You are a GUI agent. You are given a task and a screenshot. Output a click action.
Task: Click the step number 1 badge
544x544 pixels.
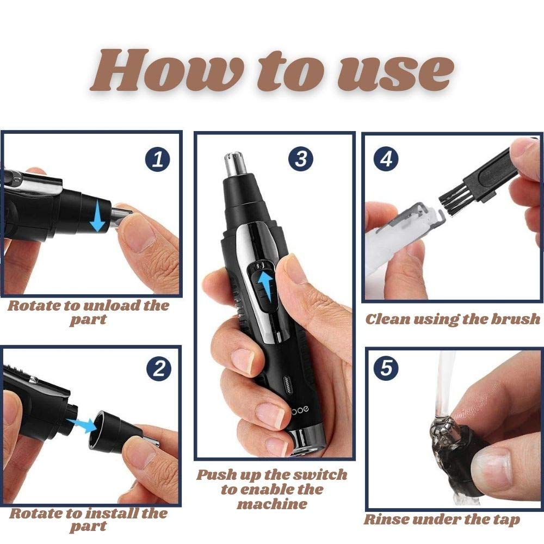point(158,159)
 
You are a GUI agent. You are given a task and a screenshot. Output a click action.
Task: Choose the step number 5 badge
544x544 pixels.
point(386,368)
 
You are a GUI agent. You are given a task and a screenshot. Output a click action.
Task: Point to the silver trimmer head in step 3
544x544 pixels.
point(235,163)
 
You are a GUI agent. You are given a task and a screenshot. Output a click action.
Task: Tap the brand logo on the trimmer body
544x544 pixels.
point(300,410)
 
